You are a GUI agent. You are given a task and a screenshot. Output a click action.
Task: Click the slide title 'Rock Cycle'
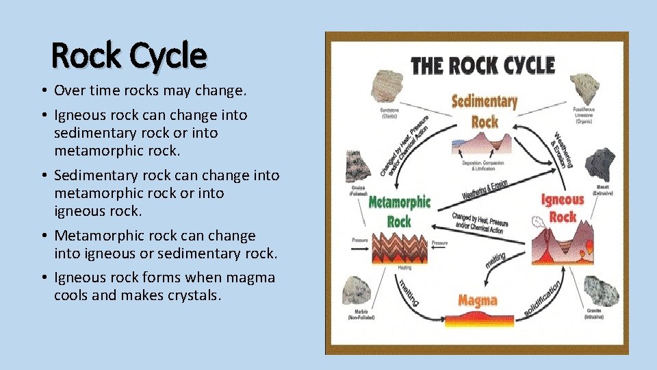(129, 56)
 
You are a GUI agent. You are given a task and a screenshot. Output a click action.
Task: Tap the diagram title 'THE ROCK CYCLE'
(482, 66)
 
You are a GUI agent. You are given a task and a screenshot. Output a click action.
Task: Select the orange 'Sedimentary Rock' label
(484, 112)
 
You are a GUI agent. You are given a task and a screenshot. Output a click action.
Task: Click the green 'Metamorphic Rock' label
(400, 211)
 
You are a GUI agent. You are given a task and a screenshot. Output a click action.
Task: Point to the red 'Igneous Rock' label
(563, 208)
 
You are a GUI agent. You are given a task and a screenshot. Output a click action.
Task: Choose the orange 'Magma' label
(478, 301)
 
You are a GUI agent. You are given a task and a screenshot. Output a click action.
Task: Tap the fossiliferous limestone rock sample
(587, 86)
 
